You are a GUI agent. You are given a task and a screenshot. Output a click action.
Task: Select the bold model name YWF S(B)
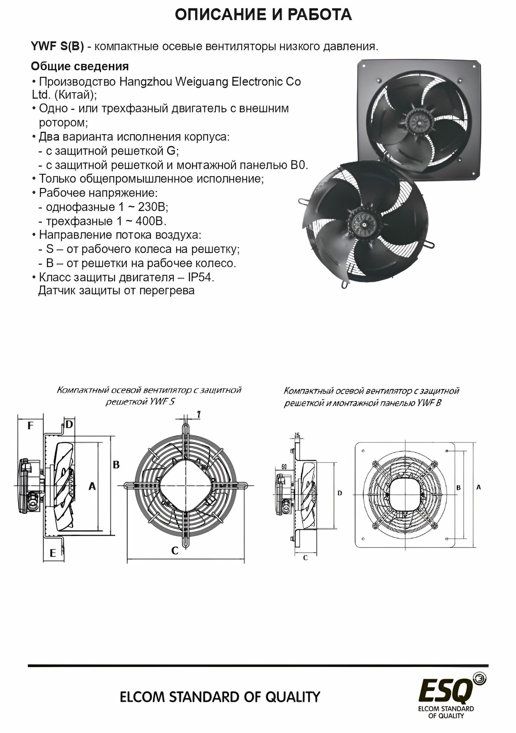coord(57,47)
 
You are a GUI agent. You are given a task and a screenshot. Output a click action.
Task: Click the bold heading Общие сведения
coord(80,66)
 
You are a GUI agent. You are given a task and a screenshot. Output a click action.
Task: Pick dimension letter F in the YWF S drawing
coord(30,426)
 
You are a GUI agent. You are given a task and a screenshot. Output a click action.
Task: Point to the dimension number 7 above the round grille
coord(198,415)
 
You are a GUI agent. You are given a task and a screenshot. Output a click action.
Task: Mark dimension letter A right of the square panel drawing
coord(479,487)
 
